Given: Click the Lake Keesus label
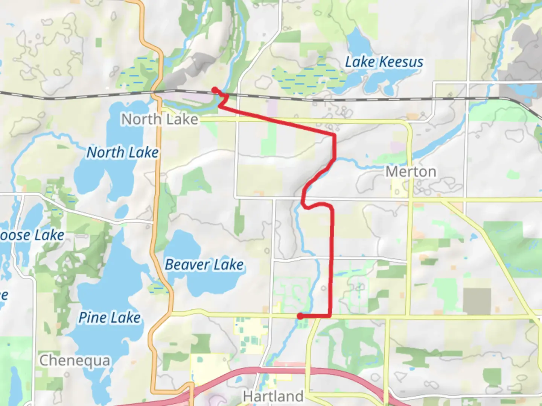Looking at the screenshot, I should (384, 62).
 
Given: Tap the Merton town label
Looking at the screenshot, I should (411, 172).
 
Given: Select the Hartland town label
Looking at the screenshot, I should (273, 396).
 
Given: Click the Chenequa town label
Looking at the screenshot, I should (75, 361).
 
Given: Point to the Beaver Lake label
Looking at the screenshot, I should (204, 265).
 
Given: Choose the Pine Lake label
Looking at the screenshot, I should (109, 318).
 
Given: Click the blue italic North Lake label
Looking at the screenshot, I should (123, 153).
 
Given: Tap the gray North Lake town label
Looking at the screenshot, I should (160, 120).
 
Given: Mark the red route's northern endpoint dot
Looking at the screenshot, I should (215, 90).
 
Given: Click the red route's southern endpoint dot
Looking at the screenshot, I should (300, 317).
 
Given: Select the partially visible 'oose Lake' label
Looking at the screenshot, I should (32, 235).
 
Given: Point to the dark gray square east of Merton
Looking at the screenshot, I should (477, 301).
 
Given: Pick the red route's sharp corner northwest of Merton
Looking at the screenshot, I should (334, 135).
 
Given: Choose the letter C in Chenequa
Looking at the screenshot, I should (44, 361).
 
